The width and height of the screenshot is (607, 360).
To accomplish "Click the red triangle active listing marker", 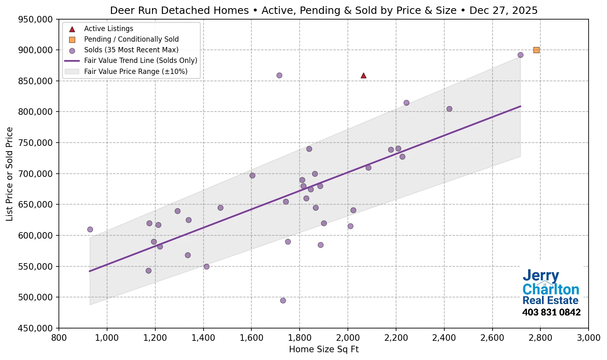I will (x=363, y=76).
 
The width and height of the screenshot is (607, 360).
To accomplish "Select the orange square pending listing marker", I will (x=536, y=50).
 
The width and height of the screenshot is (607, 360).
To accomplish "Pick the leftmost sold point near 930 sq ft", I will (x=90, y=229).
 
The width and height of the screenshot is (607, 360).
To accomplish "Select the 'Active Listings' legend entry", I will (x=108, y=29).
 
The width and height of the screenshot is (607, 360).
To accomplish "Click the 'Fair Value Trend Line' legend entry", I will (x=140, y=60).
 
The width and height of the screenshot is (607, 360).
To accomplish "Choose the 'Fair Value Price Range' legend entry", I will (x=135, y=72).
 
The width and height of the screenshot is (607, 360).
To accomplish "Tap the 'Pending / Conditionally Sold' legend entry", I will (x=131, y=39).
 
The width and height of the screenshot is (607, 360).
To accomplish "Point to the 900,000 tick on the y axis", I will (x=36, y=50).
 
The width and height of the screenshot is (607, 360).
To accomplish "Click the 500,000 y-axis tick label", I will (x=36, y=297).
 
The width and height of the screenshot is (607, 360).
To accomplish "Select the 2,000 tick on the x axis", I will (x=348, y=338).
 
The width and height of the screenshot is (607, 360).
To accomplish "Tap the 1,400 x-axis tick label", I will (x=203, y=338).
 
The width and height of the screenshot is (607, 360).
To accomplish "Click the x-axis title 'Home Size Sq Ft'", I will (x=324, y=349).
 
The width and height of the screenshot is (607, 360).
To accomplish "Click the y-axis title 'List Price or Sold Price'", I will (x=10, y=174).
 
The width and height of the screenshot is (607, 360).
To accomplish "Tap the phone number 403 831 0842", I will (x=551, y=313).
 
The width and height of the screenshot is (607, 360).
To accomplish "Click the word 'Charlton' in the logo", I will (x=551, y=289).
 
